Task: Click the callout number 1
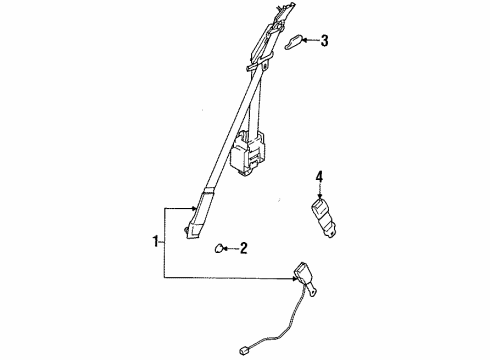(155, 241)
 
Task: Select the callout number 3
(323, 41)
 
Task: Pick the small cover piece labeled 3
(292, 43)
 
